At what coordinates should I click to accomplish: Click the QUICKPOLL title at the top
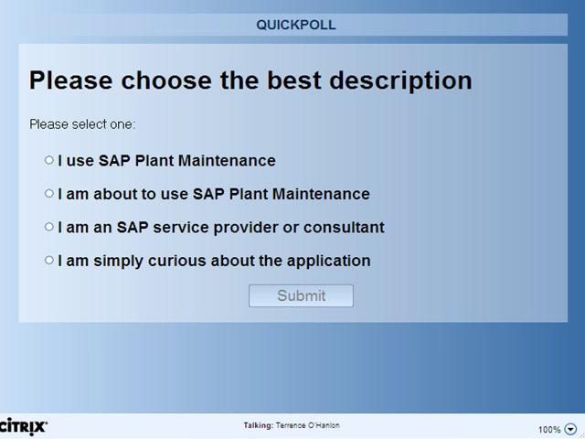295,25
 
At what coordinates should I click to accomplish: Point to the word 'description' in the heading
399,80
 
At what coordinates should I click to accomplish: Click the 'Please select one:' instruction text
82,123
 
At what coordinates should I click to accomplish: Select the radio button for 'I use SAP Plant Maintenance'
49,160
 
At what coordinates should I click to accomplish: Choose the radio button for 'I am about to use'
49,194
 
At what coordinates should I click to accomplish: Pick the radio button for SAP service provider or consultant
49,227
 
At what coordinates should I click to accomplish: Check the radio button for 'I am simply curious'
49,261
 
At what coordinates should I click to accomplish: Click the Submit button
301,295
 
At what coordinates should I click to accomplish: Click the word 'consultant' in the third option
345,228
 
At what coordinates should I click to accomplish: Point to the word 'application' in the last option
328,262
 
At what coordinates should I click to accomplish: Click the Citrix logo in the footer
24,426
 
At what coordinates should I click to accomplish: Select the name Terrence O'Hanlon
307,425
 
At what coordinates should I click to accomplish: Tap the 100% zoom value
548,429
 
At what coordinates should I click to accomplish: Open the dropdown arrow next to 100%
570,429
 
